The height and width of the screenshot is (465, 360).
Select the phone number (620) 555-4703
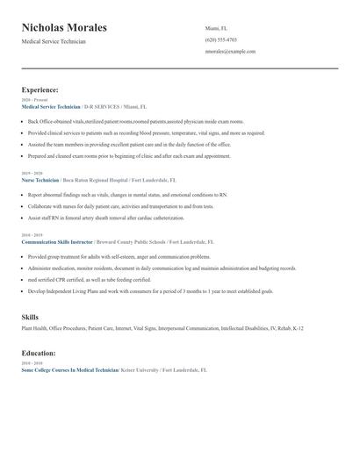point(220,39)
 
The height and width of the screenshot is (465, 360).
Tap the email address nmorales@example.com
point(230,51)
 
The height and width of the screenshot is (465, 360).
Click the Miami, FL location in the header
point(216,28)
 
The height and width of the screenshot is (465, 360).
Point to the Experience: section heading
point(40,89)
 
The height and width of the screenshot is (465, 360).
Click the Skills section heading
point(31,316)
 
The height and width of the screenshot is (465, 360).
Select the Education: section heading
point(39,353)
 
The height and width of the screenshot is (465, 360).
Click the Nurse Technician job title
point(40,180)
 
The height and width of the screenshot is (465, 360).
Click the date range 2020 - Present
point(33,100)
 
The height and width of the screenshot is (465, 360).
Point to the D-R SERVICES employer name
point(102,106)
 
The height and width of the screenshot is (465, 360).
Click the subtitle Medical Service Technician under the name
point(54,41)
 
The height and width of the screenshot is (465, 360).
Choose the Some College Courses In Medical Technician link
point(69,370)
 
